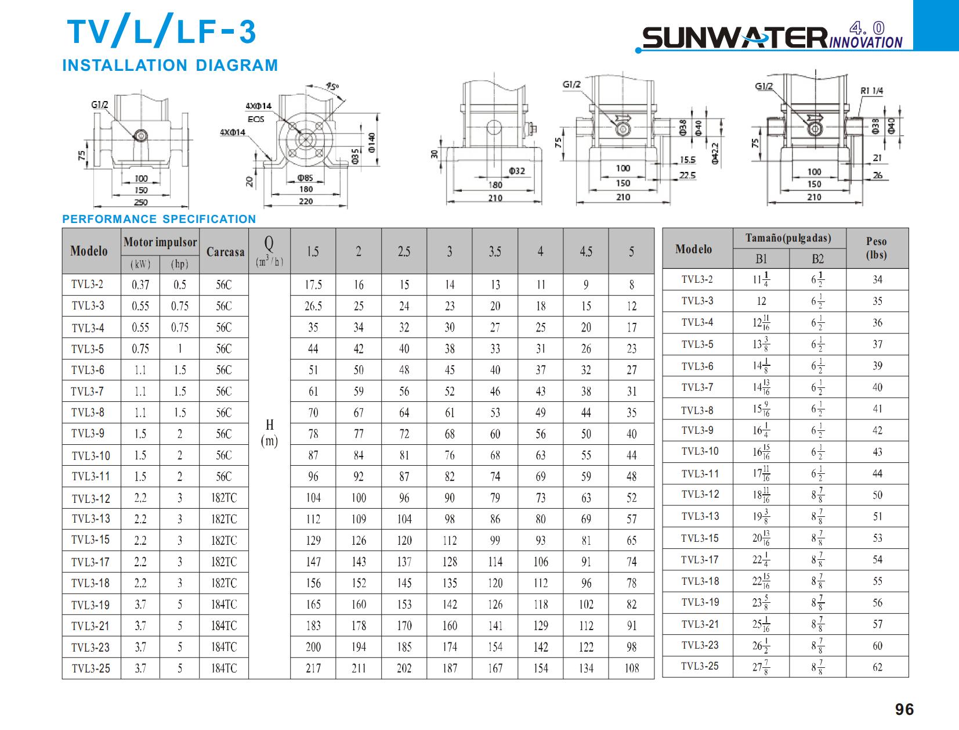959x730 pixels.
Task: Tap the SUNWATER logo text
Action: (x=734, y=38)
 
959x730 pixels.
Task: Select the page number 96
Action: (x=904, y=709)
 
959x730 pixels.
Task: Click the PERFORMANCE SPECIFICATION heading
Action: (x=159, y=219)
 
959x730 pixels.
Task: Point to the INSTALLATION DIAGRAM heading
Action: (x=170, y=65)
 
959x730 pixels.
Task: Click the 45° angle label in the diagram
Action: (x=332, y=87)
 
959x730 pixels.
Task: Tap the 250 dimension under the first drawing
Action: (x=141, y=202)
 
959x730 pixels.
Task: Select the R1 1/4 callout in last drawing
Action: (x=871, y=91)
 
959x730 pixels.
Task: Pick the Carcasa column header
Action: (x=224, y=252)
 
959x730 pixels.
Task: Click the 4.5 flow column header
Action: (x=586, y=252)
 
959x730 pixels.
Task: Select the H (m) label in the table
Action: (x=269, y=433)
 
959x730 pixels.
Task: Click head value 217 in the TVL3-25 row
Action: (x=313, y=668)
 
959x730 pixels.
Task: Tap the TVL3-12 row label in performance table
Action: (x=91, y=498)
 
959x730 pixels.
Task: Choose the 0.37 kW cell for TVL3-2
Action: (x=140, y=285)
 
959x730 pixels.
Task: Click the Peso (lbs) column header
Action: (x=877, y=248)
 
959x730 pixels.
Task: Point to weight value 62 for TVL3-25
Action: (x=877, y=667)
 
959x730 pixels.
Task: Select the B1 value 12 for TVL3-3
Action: (x=761, y=301)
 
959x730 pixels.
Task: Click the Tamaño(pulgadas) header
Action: (x=788, y=238)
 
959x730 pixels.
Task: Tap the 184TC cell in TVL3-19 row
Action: (x=224, y=605)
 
